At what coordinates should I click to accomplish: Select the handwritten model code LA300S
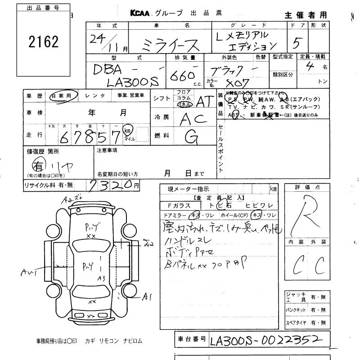click(x=132, y=81)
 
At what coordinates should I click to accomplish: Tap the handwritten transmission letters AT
click(x=207, y=102)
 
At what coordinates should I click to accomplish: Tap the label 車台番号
click(x=191, y=339)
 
